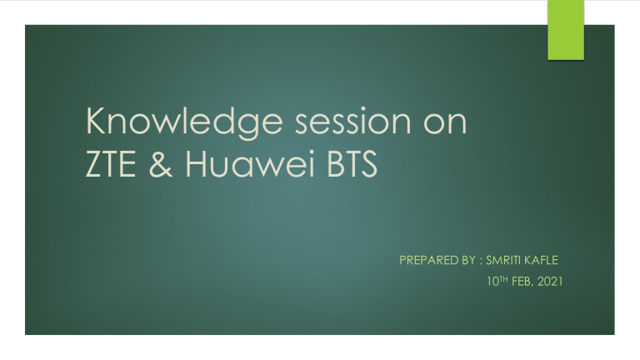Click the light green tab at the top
(566, 30)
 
